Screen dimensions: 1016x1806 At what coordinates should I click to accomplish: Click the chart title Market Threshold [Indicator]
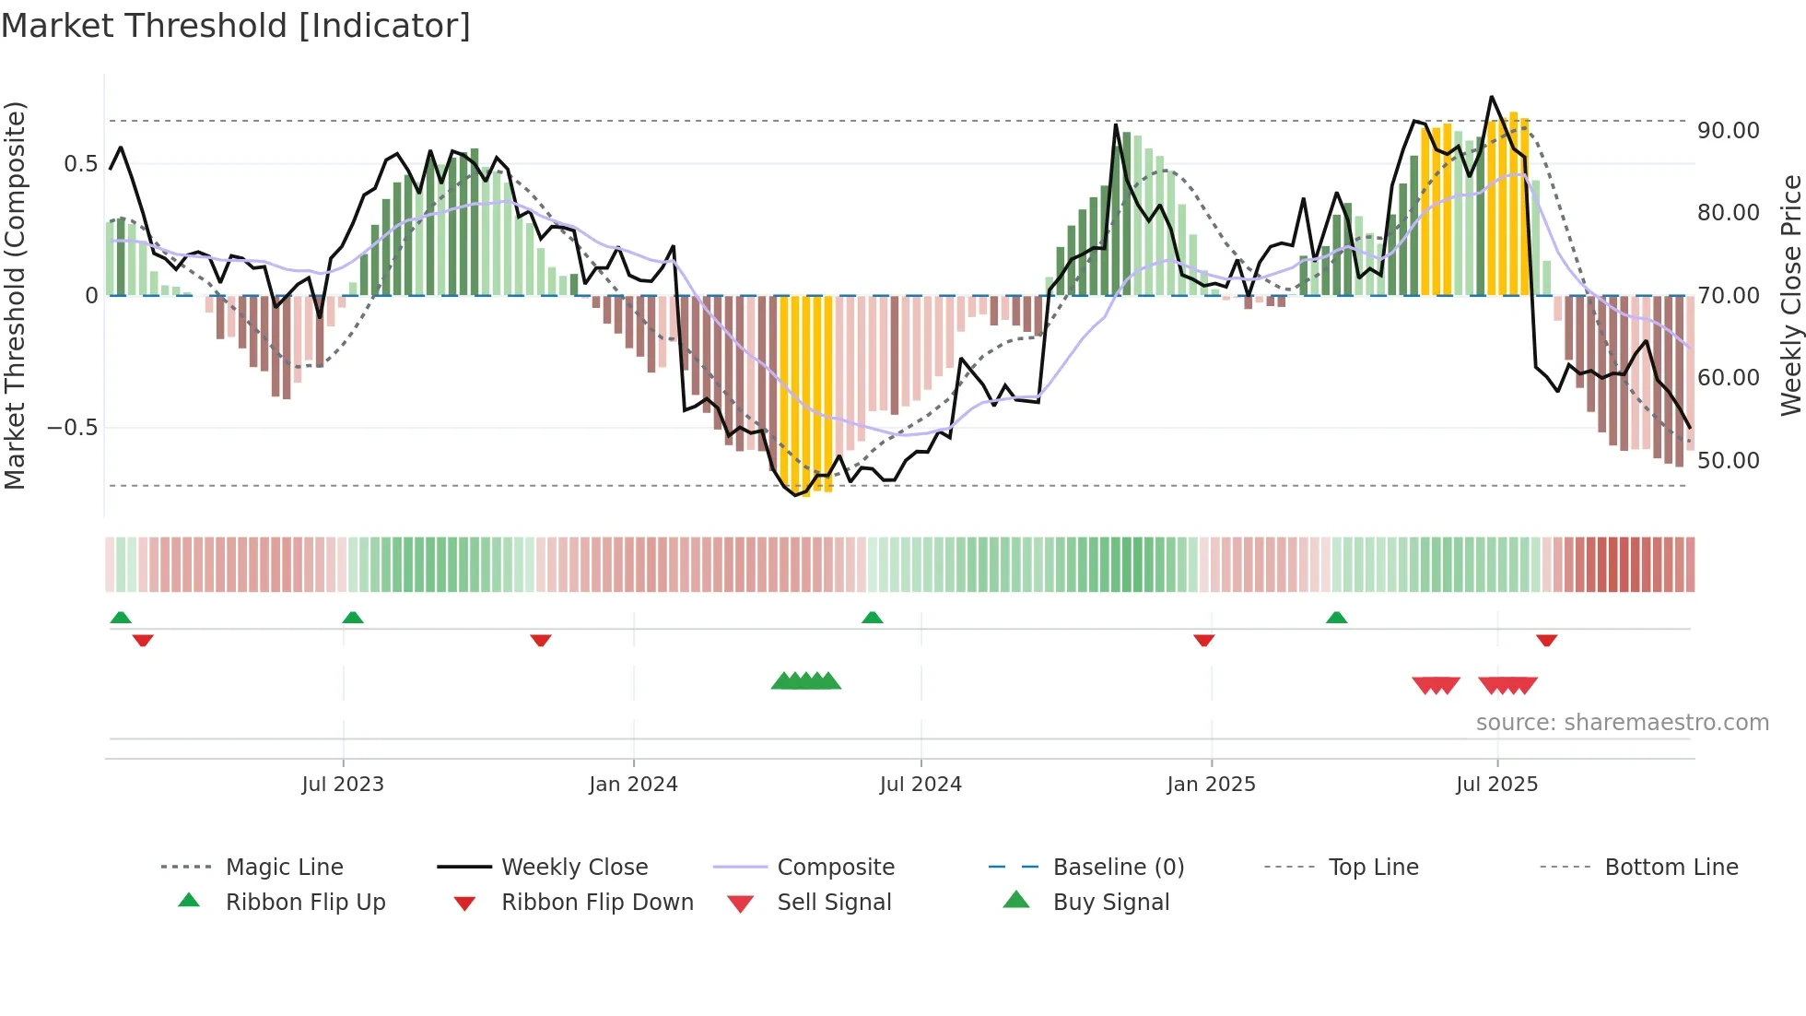236,26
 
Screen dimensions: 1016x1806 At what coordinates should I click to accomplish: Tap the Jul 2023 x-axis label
342,785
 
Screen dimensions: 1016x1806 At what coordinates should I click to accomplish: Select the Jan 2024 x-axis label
633,785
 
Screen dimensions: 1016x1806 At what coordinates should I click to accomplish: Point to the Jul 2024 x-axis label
921,785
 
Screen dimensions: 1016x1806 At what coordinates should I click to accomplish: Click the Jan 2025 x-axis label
1211,785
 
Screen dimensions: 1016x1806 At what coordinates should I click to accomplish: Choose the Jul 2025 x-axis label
1496,785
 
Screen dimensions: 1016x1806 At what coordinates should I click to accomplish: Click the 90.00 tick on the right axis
1728,131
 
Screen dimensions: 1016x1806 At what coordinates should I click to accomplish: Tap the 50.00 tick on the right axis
1728,461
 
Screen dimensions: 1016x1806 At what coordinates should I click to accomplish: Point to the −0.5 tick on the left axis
72,428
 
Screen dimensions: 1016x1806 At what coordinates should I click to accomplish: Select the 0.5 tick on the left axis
80,164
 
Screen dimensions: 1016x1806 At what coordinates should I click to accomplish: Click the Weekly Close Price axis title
1790,295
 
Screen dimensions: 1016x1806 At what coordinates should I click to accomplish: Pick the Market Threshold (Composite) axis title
15,295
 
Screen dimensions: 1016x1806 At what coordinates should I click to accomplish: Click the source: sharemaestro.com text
1622,723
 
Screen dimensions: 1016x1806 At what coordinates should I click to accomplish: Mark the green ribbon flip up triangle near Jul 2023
353,618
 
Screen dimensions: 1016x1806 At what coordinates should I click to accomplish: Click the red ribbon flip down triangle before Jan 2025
1203,640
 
